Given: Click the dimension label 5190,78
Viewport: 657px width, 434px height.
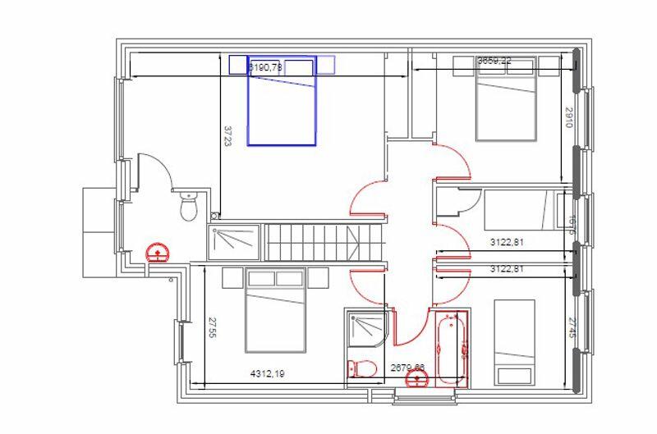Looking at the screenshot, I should coord(264,67).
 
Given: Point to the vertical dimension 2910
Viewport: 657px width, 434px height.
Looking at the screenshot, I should coord(567,118).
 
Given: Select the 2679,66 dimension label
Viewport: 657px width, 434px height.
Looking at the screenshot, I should coord(408,368).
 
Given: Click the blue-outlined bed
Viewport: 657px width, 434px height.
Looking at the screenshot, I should coord(282,107).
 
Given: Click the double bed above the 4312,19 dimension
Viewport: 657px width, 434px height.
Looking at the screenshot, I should coord(275,310).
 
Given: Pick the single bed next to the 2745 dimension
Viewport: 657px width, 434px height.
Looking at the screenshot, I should coord(514,342).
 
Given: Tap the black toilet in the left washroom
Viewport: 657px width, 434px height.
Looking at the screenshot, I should coord(189,208).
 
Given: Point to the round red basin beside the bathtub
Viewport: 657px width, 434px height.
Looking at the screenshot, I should coord(420,379).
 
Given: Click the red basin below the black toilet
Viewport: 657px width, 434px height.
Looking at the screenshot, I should coord(156,251).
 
